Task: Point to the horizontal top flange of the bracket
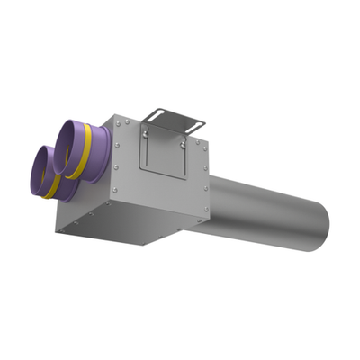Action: pyautogui.click(x=175, y=115)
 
